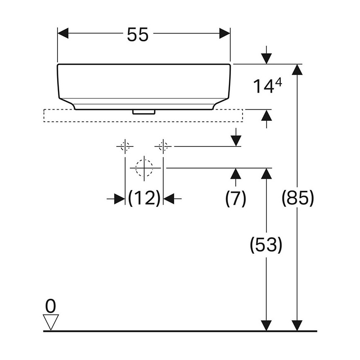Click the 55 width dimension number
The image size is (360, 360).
coord(138,34)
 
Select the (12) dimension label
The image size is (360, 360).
coord(144,198)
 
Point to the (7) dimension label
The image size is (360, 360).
coord(235,198)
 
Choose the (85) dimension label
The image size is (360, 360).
coord(298,198)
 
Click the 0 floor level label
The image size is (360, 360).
coord(50,306)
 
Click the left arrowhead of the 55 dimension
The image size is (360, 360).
coord(63,34)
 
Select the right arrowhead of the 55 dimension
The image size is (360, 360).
coord(225,34)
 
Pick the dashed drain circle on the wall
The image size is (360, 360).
coord(144,168)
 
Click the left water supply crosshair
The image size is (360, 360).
coord(125,146)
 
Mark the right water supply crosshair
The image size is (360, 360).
coord(163,146)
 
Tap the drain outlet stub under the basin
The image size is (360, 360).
coord(144,112)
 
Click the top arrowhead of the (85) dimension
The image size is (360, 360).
coord(298,70)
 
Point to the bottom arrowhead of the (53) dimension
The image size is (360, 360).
coord(266,326)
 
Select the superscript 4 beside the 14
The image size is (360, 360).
coord(278,82)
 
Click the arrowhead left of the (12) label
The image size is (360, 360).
coord(120,199)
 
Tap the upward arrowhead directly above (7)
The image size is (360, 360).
coord(236,173)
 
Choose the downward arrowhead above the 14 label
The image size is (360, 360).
coord(266,58)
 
